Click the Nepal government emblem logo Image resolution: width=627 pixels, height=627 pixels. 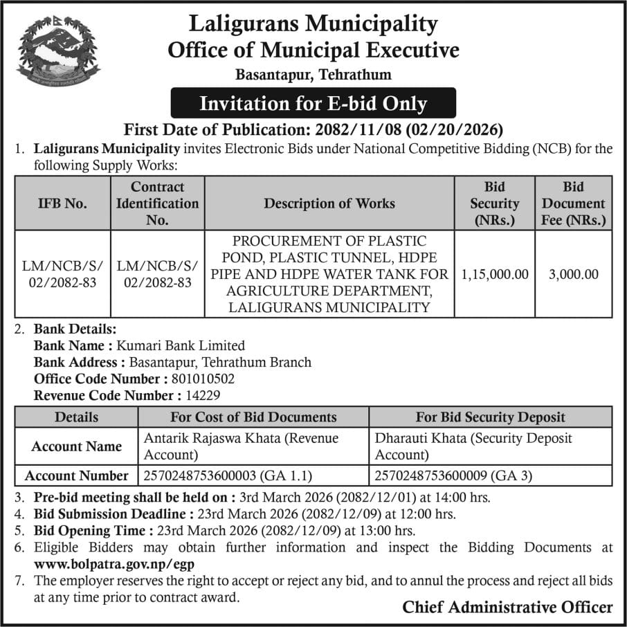(58, 51)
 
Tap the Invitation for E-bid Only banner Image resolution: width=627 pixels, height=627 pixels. (313, 104)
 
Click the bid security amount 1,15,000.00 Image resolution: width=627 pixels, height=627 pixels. (494, 274)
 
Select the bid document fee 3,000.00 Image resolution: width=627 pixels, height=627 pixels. (573, 274)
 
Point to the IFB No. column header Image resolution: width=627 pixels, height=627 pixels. (62, 203)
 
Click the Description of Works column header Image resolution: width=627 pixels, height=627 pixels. (329, 203)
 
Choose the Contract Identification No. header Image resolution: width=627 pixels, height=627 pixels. (157, 203)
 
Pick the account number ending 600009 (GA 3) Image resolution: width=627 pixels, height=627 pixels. (453, 475)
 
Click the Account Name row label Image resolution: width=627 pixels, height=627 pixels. (76, 446)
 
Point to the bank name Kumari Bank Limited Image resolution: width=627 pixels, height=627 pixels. (182, 345)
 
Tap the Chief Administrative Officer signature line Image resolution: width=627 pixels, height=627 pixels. (507, 607)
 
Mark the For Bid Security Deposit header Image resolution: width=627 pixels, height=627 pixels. (490, 417)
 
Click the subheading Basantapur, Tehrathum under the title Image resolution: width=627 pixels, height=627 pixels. (313, 74)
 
